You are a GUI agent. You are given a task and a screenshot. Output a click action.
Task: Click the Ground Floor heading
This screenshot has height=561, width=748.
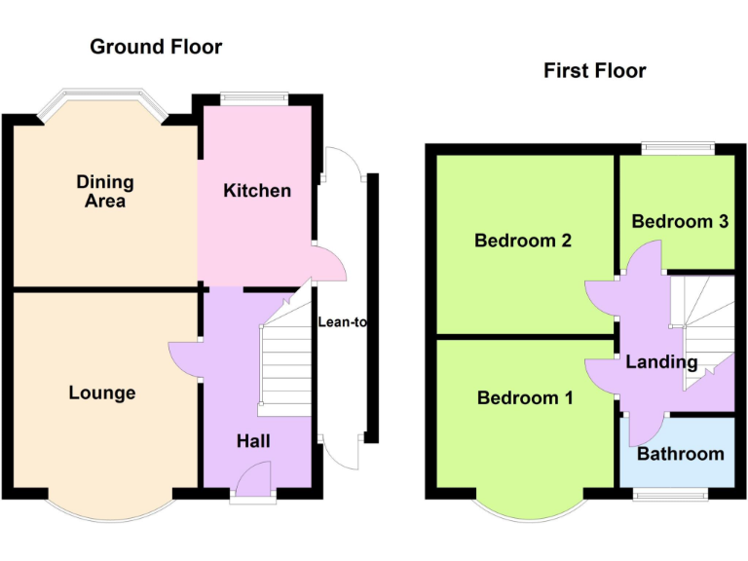click(156, 47)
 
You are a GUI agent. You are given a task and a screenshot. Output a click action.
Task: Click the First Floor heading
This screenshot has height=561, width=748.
click(594, 70)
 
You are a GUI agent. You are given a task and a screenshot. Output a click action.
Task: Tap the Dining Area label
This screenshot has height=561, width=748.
click(105, 191)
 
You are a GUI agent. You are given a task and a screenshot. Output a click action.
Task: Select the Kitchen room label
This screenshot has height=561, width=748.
click(257, 190)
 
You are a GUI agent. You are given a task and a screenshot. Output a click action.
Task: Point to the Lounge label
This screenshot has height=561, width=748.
click(102, 393)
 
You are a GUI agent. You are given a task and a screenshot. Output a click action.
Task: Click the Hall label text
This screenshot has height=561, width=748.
click(253, 441)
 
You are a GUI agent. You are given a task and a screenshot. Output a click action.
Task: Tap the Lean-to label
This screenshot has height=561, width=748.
click(342, 321)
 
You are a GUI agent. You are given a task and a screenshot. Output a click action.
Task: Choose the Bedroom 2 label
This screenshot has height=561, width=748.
click(522, 241)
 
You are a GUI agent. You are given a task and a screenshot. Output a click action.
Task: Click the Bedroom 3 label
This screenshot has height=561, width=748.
click(680, 221)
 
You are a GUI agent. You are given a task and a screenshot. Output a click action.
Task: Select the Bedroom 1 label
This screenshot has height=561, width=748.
click(525, 397)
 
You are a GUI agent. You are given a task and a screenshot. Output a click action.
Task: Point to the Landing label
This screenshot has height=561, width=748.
click(661, 362)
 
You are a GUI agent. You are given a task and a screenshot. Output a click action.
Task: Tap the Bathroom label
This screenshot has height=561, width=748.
click(680, 454)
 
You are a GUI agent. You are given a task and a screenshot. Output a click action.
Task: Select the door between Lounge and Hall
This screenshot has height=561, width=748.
click(185, 358)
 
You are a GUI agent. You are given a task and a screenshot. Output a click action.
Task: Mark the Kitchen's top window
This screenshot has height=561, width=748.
click(254, 97)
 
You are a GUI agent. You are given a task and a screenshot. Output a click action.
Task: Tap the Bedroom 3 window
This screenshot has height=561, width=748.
click(678, 149)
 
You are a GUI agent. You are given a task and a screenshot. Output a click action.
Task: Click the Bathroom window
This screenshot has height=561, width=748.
click(672, 494)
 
